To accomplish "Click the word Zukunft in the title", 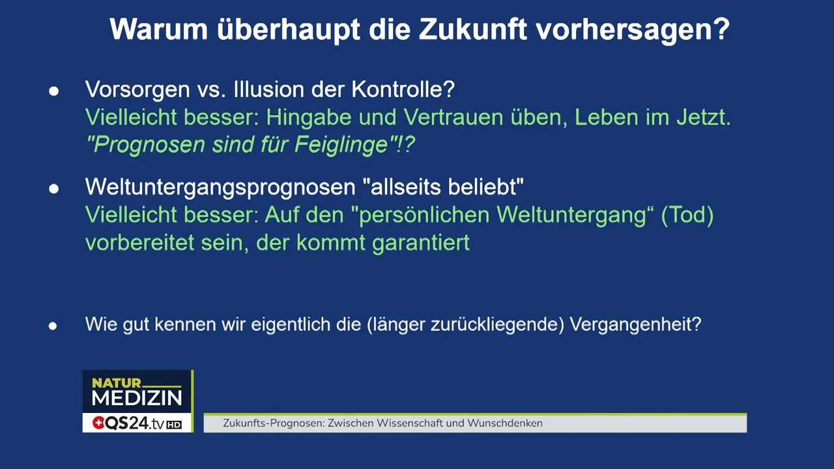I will [x=472, y=29].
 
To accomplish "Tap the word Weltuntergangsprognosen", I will [x=220, y=188].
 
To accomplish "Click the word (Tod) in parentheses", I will [x=687, y=215].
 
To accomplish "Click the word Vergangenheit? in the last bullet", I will [x=635, y=324].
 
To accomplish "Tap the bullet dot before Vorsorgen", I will [x=53, y=91].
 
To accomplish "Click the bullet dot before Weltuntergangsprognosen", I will [x=53, y=190].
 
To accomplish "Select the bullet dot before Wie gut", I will [x=53, y=326].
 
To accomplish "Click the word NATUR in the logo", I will [x=117, y=383].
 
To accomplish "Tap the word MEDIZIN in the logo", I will [x=137, y=398].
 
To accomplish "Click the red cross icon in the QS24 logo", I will [x=98, y=423].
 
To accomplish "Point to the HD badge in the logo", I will [x=174, y=425].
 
